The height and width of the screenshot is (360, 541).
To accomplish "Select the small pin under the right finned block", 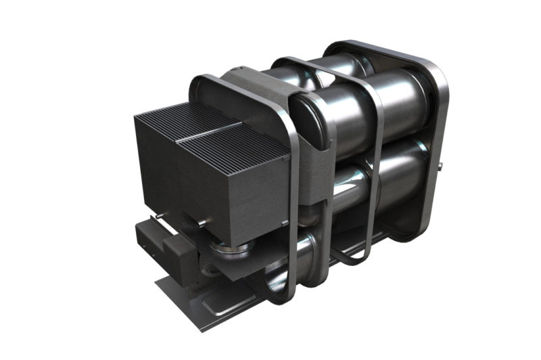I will click(x=201, y=222).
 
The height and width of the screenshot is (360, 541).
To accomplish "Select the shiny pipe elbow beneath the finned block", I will click(x=227, y=250).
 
